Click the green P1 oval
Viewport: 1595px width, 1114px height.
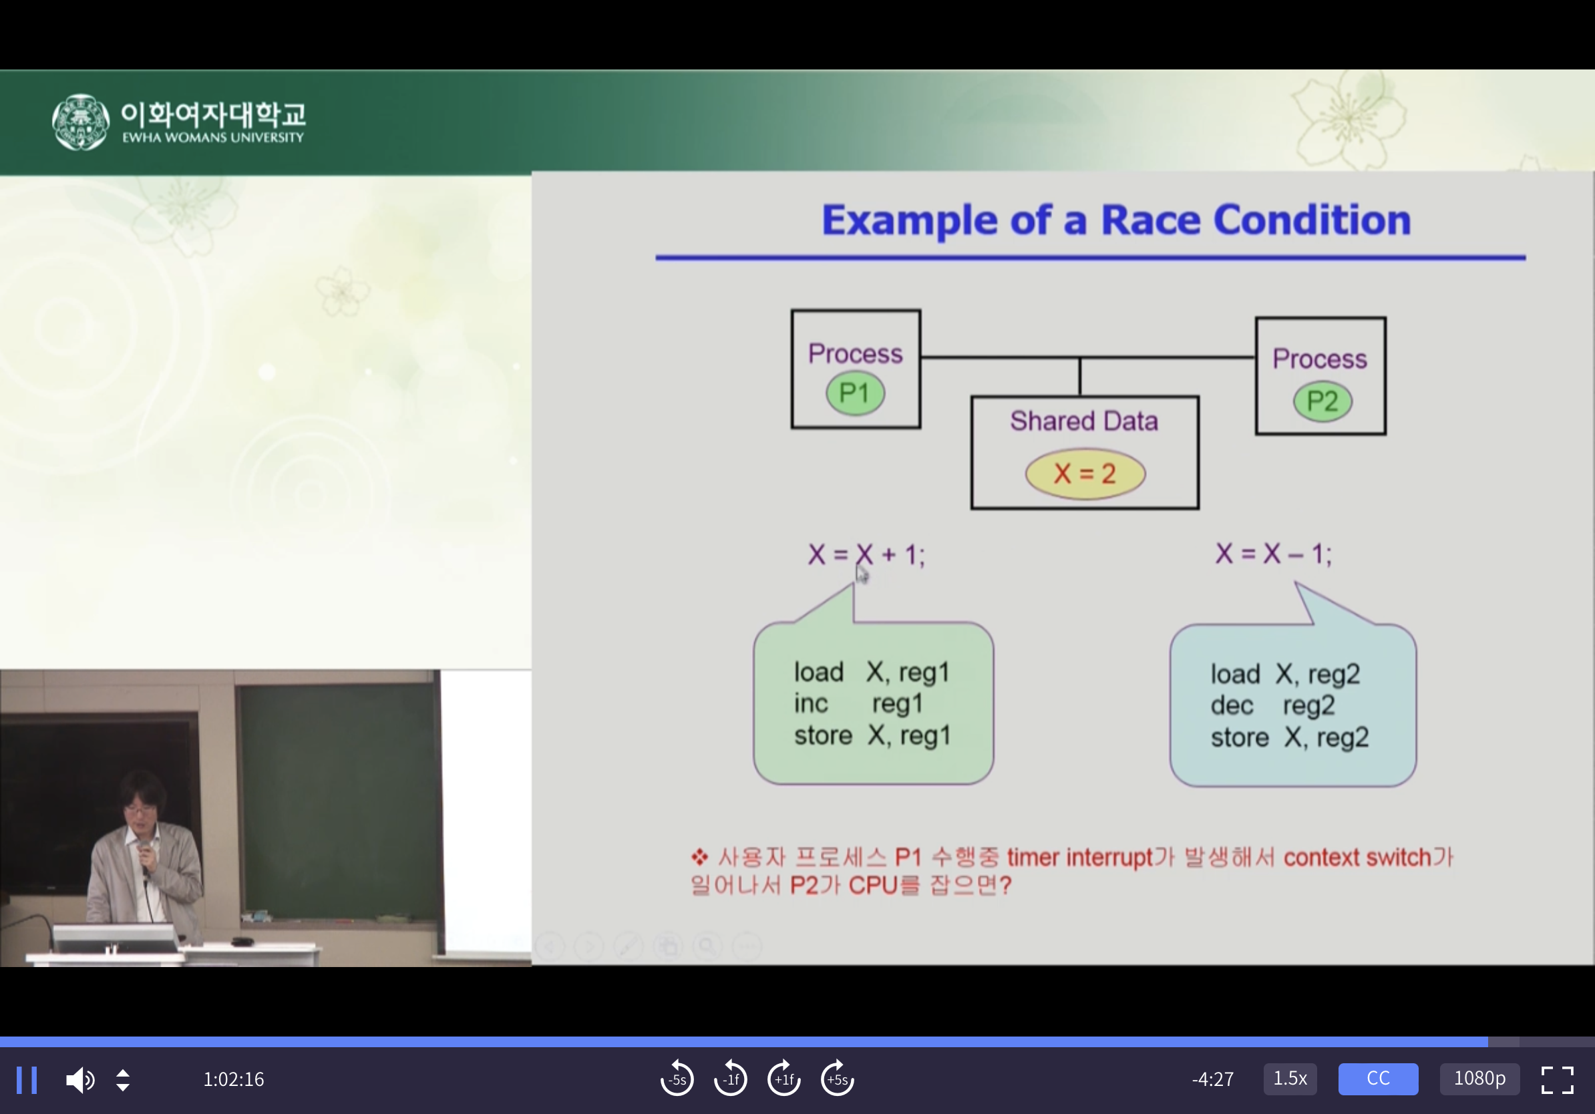(x=855, y=394)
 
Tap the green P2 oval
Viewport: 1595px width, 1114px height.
(x=1322, y=401)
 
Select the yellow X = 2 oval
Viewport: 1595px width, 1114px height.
(x=1085, y=474)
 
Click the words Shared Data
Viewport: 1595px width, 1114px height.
(x=1084, y=421)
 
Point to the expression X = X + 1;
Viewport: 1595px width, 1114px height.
(x=866, y=554)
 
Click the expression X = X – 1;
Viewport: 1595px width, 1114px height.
(x=1273, y=554)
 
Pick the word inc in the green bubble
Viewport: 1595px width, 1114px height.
(x=811, y=703)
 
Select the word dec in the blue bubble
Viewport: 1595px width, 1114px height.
(x=1232, y=706)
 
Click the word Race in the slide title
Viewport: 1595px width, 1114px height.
(x=1150, y=220)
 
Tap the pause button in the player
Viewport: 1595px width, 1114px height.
(x=27, y=1080)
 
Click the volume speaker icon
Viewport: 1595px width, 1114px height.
(x=80, y=1080)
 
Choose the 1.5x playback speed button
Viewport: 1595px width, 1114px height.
(x=1290, y=1079)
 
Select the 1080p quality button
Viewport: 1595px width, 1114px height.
(x=1479, y=1079)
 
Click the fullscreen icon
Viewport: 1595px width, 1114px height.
(x=1558, y=1080)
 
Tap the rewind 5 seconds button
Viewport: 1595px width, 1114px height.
(x=677, y=1079)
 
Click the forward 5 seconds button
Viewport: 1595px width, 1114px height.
(x=837, y=1079)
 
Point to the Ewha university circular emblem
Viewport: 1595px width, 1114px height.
(x=81, y=122)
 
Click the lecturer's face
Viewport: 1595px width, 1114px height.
(x=142, y=808)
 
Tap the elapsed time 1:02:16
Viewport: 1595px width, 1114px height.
(x=233, y=1079)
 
